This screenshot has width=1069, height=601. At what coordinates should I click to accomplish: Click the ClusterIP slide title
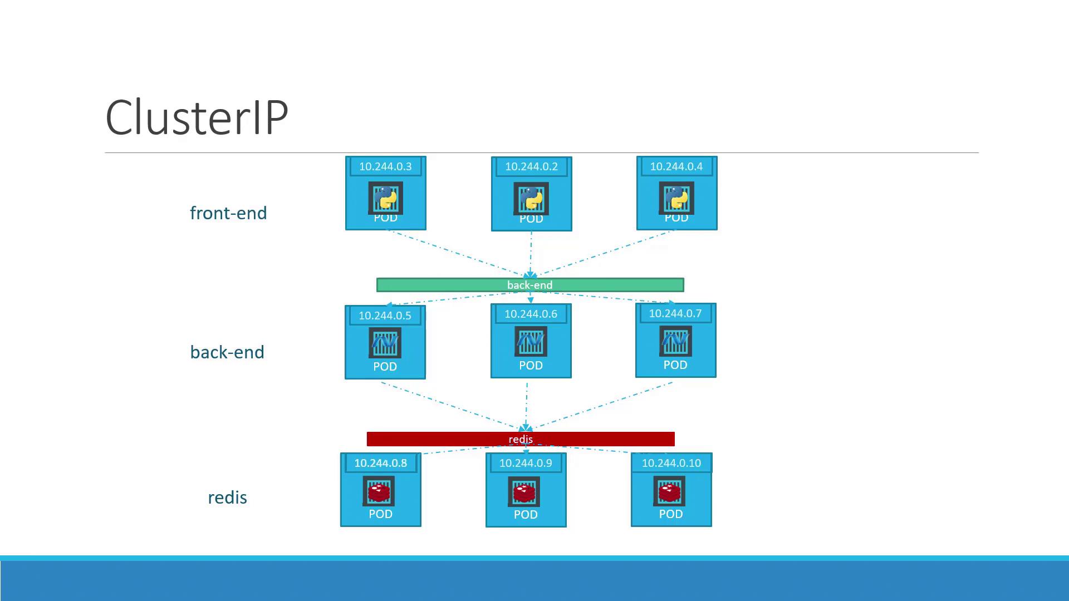click(197, 117)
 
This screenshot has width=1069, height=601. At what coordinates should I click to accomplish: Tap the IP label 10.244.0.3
click(385, 166)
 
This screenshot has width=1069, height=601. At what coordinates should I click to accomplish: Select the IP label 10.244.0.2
click(531, 166)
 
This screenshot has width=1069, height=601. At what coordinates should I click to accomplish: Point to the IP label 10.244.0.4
click(676, 166)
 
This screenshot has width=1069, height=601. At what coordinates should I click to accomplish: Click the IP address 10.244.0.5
click(385, 316)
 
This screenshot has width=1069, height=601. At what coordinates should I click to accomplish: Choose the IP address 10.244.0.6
click(531, 314)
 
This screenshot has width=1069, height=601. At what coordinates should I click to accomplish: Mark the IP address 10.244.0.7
click(675, 313)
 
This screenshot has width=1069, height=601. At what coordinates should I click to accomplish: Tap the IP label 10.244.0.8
click(381, 463)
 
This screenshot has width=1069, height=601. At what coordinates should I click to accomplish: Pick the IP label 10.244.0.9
click(526, 463)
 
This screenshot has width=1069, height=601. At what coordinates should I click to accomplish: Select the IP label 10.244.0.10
click(671, 463)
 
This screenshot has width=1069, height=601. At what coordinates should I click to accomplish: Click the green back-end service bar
click(530, 285)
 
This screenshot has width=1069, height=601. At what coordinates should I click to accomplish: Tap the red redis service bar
click(521, 439)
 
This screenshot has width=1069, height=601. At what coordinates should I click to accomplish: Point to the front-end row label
click(228, 213)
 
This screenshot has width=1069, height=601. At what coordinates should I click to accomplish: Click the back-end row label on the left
click(227, 352)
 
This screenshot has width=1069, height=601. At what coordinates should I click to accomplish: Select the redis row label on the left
click(227, 497)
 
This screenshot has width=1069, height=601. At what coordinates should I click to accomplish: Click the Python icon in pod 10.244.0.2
click(531, 198)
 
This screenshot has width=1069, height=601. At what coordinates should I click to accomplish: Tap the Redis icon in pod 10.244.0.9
click(524, 492)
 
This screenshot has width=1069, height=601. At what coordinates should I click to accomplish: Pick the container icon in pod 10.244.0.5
click(385, 342)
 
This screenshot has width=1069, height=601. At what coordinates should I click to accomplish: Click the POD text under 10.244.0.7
click(675, 365)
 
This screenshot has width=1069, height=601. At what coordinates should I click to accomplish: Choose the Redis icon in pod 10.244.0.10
click(669, 491)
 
